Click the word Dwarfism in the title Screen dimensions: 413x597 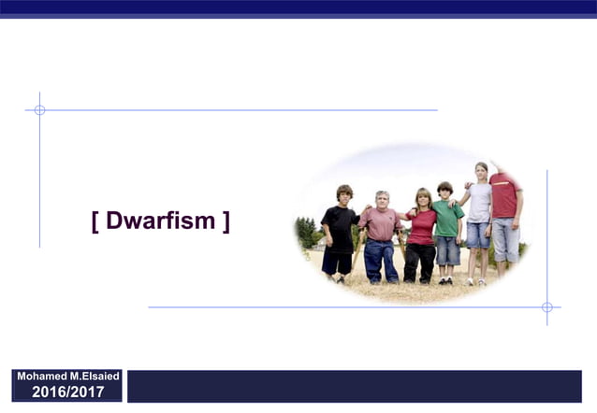click(161, 221)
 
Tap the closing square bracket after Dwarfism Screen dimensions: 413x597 click(226, 221)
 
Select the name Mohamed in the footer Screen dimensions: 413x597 click(43, 376)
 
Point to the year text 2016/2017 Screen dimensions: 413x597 click(68, 392)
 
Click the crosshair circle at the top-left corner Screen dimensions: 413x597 click(39, 110)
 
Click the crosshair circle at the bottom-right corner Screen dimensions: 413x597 click(546, 306)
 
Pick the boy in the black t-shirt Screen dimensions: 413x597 click(339, 234)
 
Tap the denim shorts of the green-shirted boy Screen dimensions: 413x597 click(448, 250)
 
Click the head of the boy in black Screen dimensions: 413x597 click(343, 193)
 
